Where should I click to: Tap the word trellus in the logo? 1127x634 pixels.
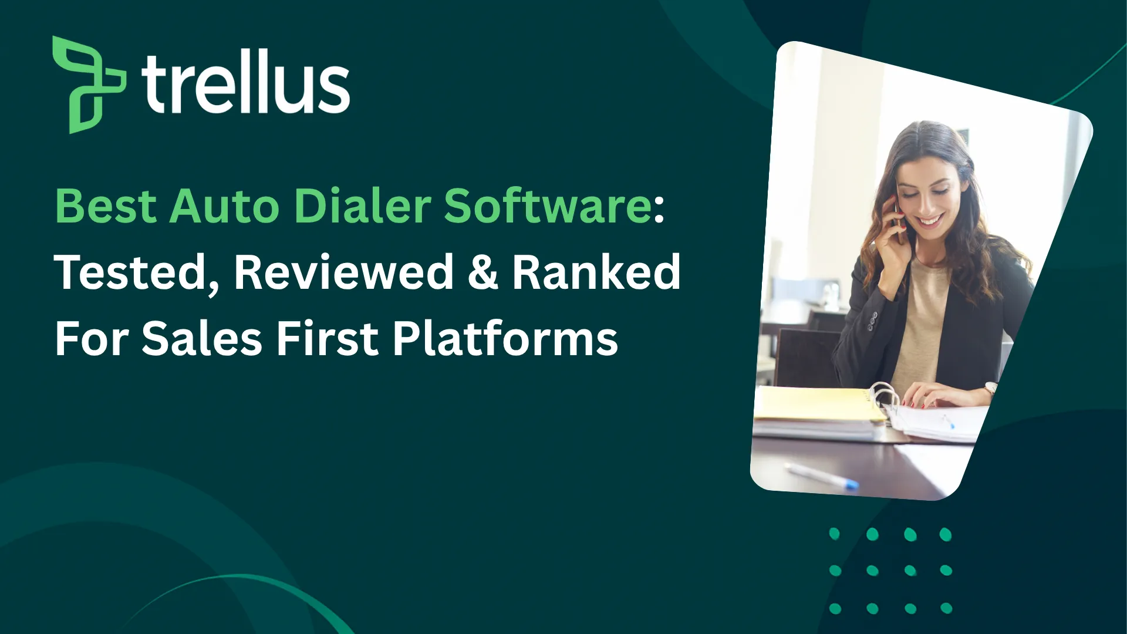[x=245, y=82]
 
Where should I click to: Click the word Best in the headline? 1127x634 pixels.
[x=106, y=207]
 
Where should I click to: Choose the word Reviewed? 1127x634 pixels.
[x=344, y=272]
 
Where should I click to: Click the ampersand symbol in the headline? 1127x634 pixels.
[x=482, y=272]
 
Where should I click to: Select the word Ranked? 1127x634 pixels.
[x=596, y=272]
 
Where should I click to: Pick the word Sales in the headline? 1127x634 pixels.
[x=202, y=339]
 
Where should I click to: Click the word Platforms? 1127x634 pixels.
[x=505, y=339]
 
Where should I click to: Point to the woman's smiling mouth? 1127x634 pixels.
[x=931, y=222]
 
